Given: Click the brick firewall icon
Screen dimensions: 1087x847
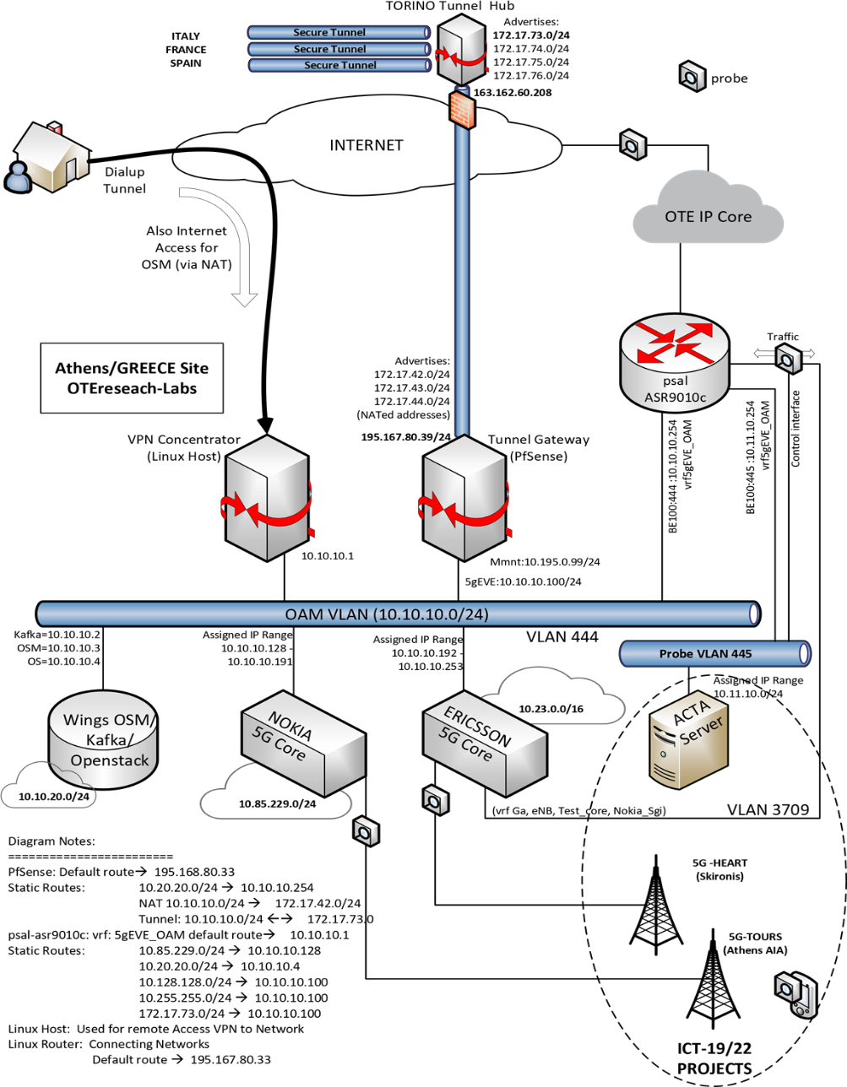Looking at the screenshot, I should coord(461,111).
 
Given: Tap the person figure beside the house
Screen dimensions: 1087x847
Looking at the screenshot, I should coord(16,176).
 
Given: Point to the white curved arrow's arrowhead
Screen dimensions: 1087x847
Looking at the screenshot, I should coord(244,298).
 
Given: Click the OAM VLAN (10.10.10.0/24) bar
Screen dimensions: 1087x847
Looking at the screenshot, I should coord(397,614).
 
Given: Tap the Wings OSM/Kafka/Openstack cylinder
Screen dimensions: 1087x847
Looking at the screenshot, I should coord(103,741).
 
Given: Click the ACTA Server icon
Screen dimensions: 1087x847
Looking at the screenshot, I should coord(687,743).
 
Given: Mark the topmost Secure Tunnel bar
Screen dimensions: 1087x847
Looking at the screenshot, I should coord(339,32).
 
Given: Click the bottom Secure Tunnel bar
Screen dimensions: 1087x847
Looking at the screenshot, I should coord(339,65).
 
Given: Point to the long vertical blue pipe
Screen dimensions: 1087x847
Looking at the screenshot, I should coord(462,279).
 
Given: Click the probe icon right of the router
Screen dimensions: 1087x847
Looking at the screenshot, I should coord(788,359).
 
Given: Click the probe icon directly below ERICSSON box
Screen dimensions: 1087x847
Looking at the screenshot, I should coord(435,800).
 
